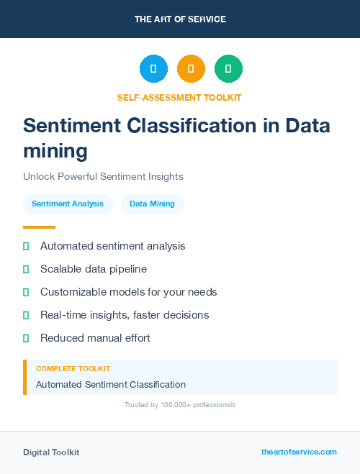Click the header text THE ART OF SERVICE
(x=180, y=19)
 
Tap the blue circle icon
(x=153, y=69)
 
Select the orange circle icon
(x=191, y=69)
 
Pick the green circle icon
(x=228, y=69)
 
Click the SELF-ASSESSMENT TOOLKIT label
(x=179, y=97)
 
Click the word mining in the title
(x=55, y=150)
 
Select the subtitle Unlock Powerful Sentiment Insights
(x=103, y=176)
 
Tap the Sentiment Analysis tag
(x=68, y=204)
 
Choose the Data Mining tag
(x=152, y=204)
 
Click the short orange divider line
(x=39, y=227)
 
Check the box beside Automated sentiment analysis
(x=26, y=247)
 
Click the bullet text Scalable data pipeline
(x=94, y=269)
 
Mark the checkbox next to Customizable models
(x=26, y=293)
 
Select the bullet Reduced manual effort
(x=95, y=338)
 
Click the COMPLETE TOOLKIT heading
(x=73, y=368)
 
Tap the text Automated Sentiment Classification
(x=111, y=384)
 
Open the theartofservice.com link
(x=299, y=452)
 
